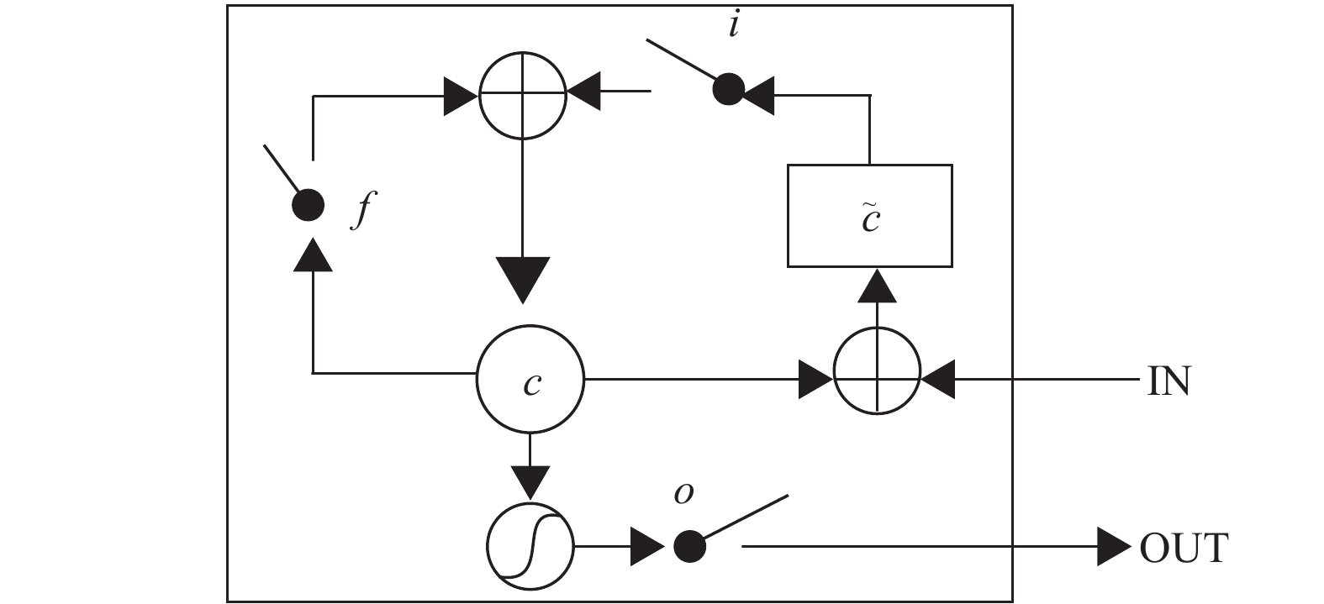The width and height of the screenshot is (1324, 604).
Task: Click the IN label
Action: click(1168, 381)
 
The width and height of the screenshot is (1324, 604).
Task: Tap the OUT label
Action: click(1184, 549)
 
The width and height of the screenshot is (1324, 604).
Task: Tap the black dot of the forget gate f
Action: click(309, 206)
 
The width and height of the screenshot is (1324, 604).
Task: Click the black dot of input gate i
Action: click(728, 90)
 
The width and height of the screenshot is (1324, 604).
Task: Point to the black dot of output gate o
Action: click(690, 546)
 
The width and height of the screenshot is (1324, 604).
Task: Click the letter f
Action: click(364, 210)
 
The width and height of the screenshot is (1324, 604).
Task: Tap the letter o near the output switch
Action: click(684, 494)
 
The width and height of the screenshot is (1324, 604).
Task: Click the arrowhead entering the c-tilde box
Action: click(877, 286)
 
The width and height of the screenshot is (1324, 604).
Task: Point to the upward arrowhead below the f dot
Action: click(313, 255)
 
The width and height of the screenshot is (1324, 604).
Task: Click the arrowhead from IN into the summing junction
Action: click(938, 379)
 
